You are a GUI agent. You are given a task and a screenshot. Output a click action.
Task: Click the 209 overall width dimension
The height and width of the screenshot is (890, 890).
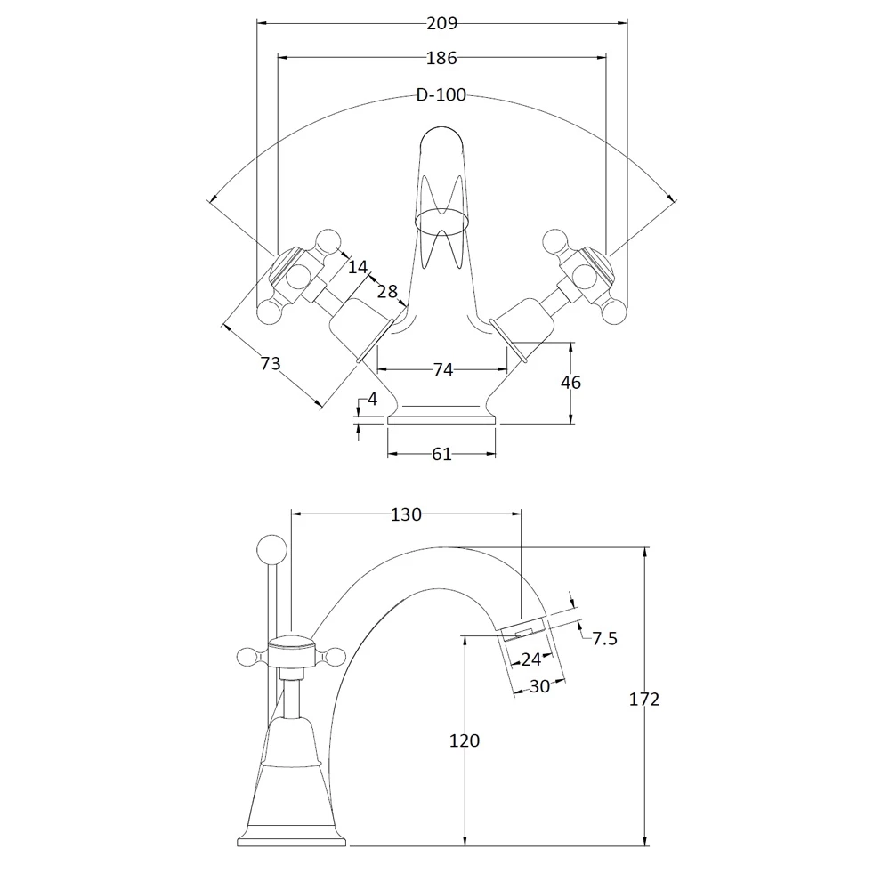(441, 23)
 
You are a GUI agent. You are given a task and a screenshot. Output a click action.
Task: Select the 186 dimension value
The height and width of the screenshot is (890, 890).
(441, 59)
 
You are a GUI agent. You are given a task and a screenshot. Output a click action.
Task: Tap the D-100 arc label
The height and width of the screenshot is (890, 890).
(441, 95)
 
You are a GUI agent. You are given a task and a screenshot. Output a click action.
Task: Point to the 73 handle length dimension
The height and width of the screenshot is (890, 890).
(271, 363)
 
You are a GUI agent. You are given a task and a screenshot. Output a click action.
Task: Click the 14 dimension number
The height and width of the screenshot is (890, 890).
(357, 266)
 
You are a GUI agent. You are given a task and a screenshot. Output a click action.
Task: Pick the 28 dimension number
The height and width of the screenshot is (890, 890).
(387, 293)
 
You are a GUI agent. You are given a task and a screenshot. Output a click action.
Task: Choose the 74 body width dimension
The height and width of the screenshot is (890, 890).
(442, 369)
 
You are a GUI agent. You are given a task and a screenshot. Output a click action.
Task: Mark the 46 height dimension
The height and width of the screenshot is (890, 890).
(570, 383)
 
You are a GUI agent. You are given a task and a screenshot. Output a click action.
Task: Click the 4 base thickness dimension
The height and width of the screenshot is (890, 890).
(373, 400)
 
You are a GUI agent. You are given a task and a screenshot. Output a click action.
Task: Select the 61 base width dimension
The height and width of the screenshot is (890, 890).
(441, 455)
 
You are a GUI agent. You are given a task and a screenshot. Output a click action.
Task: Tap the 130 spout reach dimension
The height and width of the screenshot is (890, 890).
(406, 514)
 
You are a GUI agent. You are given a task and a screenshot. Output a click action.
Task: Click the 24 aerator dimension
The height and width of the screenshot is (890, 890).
(531, 659)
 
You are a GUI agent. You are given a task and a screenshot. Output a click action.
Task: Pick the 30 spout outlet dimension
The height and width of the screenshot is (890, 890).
(539, 686)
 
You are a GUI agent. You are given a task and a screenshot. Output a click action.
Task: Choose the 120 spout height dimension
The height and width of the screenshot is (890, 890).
(465, 740)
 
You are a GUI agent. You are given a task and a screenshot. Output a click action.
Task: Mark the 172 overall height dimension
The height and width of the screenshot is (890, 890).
(643, 700)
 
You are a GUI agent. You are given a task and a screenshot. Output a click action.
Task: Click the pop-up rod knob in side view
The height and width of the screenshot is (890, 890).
(271, 547)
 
